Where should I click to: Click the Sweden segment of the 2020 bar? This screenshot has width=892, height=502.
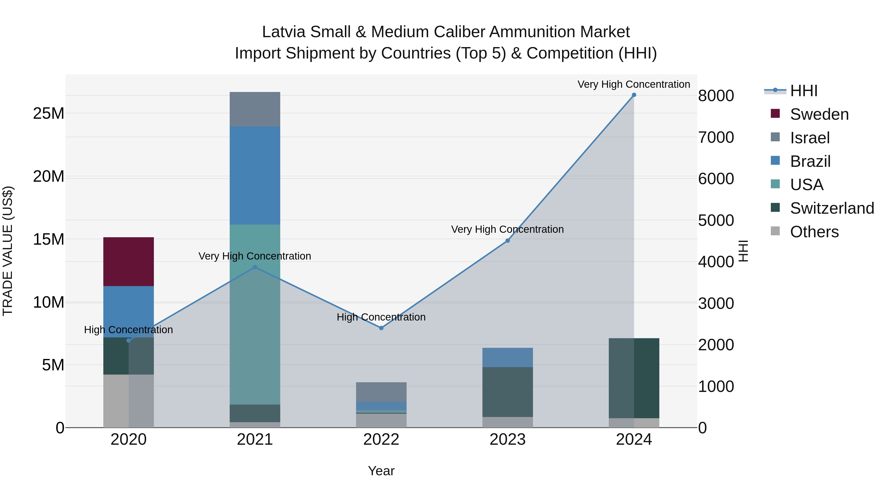tap(128, 262)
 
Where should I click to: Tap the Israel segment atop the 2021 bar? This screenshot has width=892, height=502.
tap(255, 109)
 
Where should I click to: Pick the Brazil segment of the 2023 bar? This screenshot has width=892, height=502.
tap(508, 357)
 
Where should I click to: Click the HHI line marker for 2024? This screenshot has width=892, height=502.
tap(634, 95)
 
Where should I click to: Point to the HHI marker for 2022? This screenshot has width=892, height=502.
tap(381, 328)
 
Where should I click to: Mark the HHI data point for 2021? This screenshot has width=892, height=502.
tap(255, 267)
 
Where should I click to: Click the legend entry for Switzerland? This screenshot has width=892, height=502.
tap(832, 208)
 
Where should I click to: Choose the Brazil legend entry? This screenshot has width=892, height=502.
tap(810, 161)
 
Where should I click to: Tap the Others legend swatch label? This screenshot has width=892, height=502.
tap(814, 232)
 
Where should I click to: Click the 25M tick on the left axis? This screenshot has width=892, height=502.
tap(49, 114)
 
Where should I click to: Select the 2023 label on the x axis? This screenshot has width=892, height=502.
tap(508, 440)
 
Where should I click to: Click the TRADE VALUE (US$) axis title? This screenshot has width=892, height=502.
tap(8, 251)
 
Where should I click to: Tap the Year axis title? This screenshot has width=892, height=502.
tap(381, 471)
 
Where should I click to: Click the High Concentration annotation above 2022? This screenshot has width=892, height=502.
tap(381, 317)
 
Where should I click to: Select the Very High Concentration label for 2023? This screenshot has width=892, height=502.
tap(508, 229)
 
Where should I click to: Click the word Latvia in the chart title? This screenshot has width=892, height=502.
tap(284, 32)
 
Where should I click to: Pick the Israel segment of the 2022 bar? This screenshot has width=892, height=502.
tap(381, 392)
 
